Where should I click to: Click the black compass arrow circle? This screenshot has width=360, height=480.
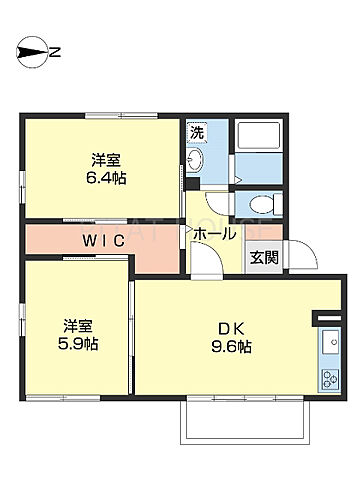pyautogui.click(x=30, y=52)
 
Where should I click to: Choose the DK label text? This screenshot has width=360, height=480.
pyautogui.click(x=228, y=327)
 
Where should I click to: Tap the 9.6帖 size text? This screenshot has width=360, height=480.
pyautogui.click(x=230, y=347)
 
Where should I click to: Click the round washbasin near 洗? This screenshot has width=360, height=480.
pyautogui.click(x=195, y=162)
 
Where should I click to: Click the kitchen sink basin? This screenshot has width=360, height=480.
pyautogui.click(x=329, y=344)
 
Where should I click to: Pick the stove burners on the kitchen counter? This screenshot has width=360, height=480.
pyautogui.click(x=329, y=380)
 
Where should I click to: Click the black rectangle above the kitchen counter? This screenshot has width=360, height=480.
pyautogui.click(x=328, y=319)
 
